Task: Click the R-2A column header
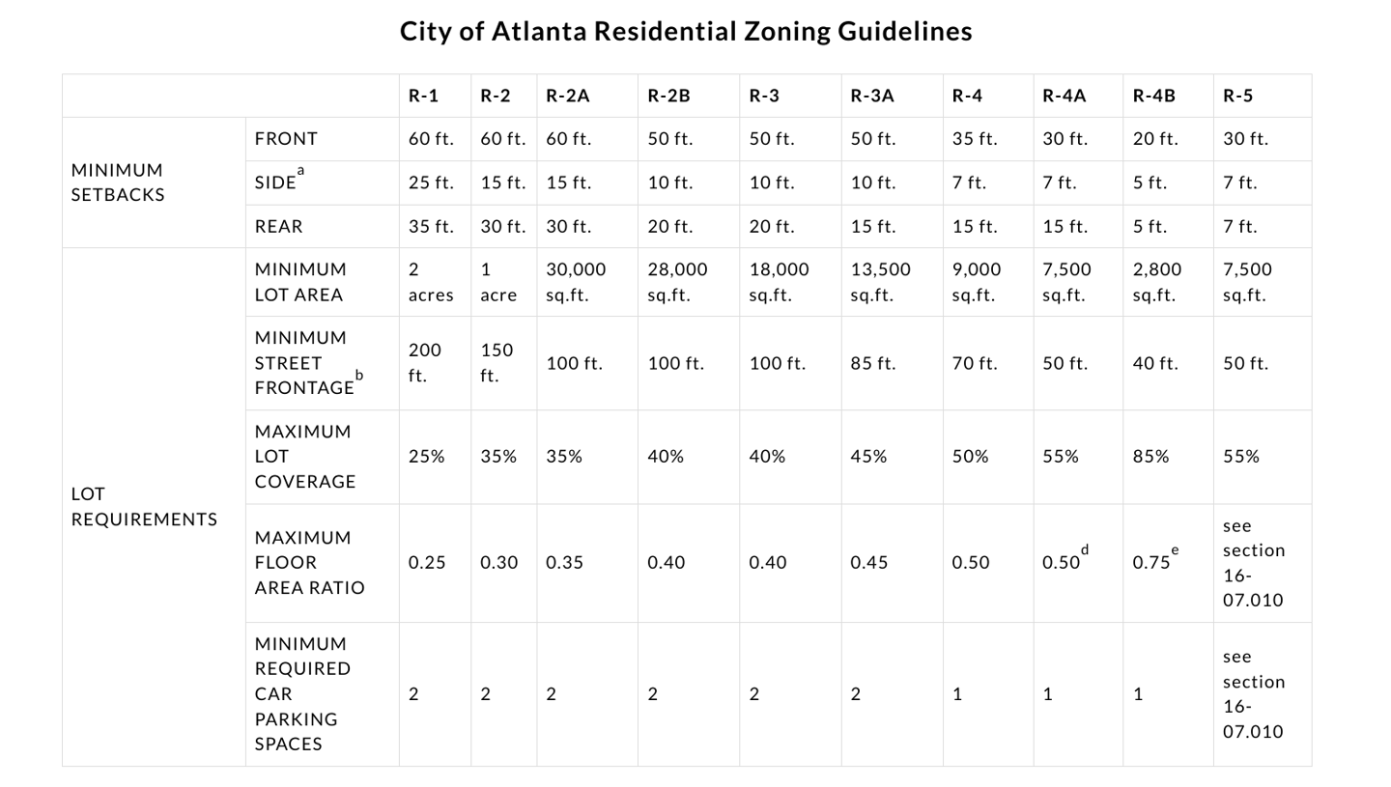[x=567, y=96]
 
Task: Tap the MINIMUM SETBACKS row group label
[x=118, y=183]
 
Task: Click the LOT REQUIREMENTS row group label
[x=144, y=507]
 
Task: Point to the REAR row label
[x=278, y=226]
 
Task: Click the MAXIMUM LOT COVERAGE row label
[x=305, y=457]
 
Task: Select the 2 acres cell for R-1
[x=430, y=282]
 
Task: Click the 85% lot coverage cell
[x=1150, y=457]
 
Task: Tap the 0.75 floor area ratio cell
[x=1151, y=563]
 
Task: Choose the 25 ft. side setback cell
[x=430, y=183]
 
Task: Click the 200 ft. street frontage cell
[x=424, y=363]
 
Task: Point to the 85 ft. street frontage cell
[x=873, y=363]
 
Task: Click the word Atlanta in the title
[x=539, y=31]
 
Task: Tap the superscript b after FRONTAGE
[x=359, y=375]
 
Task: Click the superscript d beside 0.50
[x=1085, y=550]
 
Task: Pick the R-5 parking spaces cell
[x=1253, y=694]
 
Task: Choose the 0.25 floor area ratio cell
[x=427, y=563]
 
